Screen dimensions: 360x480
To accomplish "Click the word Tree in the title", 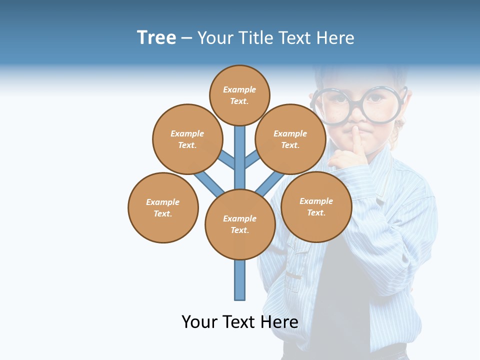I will click(156, 37).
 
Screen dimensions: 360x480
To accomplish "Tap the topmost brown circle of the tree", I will click(239, 95).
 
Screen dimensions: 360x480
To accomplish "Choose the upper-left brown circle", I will click(187, 139).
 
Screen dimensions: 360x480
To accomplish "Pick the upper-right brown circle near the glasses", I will click(290, 139).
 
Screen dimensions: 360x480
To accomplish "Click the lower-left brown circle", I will click(163, 207).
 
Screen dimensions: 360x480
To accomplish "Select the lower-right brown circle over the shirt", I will click(316, 206).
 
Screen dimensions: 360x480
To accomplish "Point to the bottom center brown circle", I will click(240, 224).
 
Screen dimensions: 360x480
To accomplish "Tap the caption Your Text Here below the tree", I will click(240, 321).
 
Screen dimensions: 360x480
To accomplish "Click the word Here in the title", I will click(335, 37).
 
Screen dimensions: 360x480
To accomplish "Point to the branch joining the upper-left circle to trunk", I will click(226, 159).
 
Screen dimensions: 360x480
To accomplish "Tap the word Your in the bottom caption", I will click(199, 321).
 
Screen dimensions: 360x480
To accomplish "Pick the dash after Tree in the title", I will click(186, 38).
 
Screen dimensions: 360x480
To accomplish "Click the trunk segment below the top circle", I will click(240, 150).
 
